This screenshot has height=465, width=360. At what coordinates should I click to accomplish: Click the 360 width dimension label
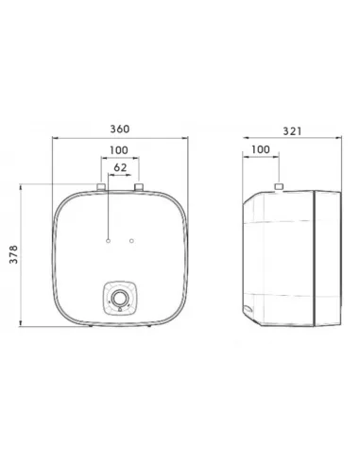pos(120,129)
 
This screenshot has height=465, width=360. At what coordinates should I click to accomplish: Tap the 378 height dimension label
pos(13,254)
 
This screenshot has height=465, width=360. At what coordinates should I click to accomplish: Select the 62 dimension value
pos(120,167)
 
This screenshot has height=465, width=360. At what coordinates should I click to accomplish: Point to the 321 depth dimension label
pos(292,131)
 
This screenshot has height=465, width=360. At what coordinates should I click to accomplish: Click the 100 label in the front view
pos(119,150)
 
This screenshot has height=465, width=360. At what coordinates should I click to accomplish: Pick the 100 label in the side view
pos(261,149)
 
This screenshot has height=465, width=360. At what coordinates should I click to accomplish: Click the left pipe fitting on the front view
pos(101,187)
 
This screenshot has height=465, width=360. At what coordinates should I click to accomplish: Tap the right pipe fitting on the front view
pos(139,187)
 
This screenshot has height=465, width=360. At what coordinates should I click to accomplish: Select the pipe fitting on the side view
pos(279,186)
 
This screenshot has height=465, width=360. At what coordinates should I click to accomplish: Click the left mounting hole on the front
pos(109,241)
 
